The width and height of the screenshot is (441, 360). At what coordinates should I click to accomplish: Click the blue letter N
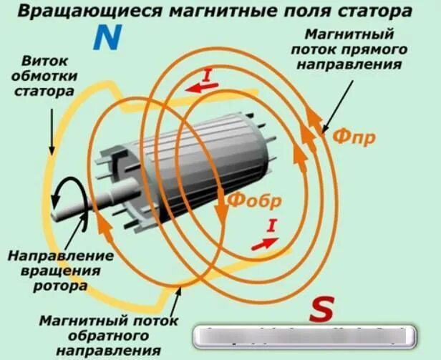click(106, 39)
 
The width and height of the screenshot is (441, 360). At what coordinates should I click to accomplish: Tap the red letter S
click(322, 310)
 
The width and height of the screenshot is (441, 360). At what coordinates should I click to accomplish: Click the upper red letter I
click(208, 74)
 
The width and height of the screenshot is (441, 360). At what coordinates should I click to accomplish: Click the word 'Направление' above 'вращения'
click(60, 255)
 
